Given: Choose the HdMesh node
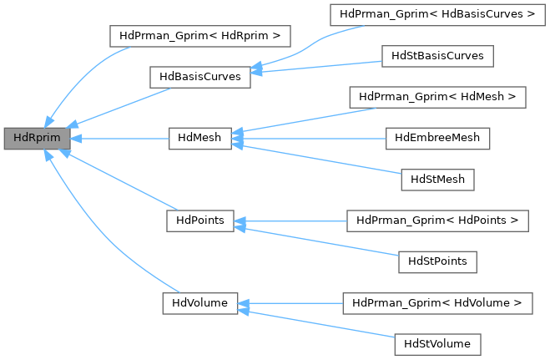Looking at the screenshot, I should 199,139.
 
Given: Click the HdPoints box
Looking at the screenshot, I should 199,221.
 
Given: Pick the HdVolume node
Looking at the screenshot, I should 199,302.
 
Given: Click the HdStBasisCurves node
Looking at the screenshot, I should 437,56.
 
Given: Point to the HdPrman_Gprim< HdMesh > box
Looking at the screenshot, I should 437,97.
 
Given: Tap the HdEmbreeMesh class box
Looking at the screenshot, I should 437,138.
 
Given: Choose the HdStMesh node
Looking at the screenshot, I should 437,179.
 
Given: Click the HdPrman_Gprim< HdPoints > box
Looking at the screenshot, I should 437,221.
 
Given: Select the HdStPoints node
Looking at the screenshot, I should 437,261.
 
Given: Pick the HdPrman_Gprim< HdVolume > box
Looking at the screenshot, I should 437,302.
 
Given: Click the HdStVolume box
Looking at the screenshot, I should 437,343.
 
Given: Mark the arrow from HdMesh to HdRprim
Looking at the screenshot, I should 117,139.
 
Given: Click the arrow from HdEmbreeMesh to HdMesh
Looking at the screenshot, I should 309,139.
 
